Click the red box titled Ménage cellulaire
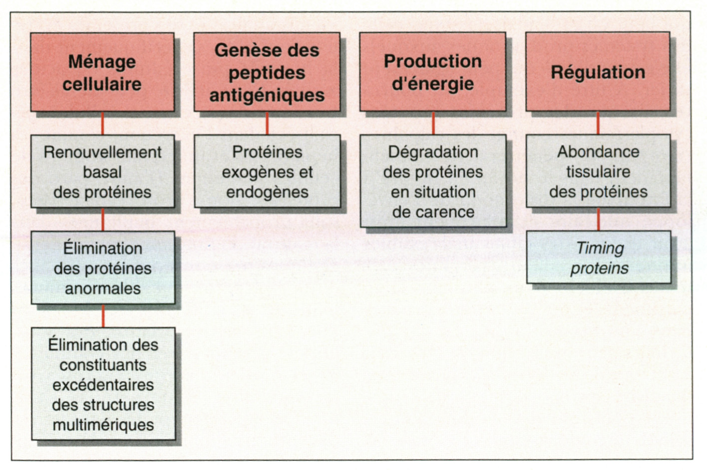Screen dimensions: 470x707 102,72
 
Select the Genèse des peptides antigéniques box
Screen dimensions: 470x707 267,72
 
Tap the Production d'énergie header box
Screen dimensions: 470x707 432,72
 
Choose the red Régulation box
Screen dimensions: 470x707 598,72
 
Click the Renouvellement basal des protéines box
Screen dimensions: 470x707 102,171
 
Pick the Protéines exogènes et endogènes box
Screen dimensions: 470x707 267,171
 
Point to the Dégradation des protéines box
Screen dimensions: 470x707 433,181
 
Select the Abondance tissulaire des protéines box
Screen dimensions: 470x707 598,171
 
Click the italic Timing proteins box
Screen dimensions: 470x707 599,258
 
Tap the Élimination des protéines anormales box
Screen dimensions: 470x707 103,268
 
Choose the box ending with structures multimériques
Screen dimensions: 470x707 103,384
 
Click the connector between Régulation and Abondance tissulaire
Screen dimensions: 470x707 598,123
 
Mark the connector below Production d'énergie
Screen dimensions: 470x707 433,123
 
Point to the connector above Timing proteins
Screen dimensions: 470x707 598,219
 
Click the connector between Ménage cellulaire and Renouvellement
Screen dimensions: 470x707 103,123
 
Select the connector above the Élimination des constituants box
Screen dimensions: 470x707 103,316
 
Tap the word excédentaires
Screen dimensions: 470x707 103,385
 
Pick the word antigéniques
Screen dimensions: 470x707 267,95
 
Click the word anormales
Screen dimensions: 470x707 103,288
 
